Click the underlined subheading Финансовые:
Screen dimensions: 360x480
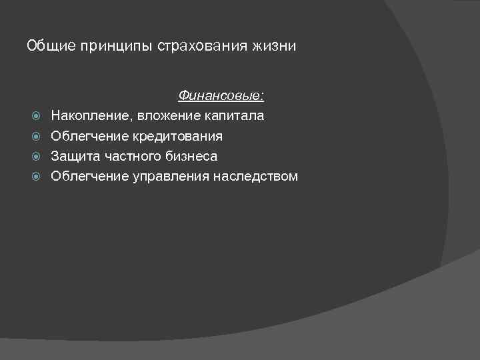click(221, 96)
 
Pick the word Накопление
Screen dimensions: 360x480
click(91, 116)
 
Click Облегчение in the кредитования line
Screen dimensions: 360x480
click(89, 137)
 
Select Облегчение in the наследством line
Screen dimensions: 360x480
click(89, 177)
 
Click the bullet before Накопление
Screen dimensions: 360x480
click(37, 116)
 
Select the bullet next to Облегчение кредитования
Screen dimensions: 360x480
click(37, 137)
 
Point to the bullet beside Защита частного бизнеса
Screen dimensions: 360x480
click(37, 157)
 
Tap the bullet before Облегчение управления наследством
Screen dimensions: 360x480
click(37, 177)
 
